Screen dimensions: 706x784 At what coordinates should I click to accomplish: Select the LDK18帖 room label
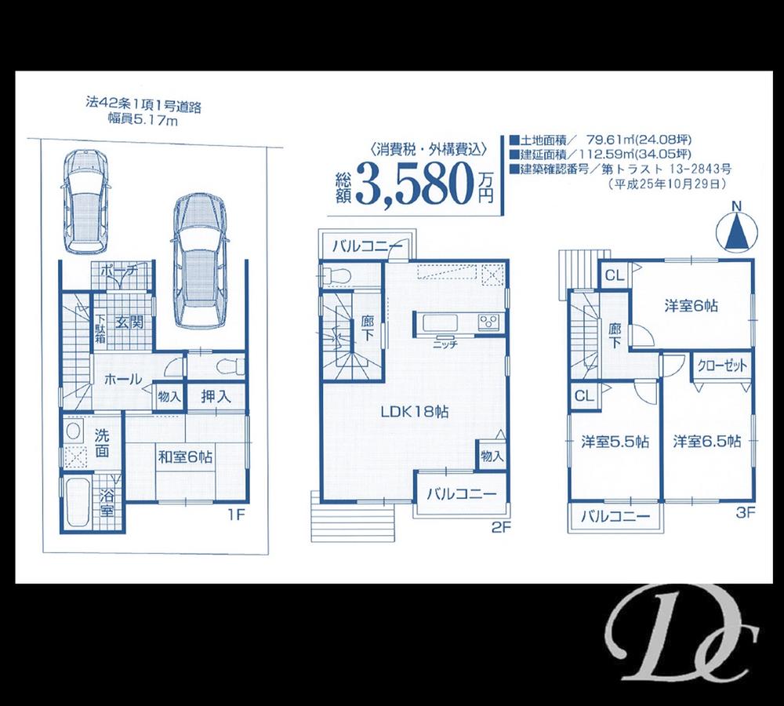click(415, 411)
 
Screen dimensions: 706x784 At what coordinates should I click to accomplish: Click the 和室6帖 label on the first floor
click(187, 456)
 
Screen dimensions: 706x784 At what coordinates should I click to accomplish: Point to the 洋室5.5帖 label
click(615, 442)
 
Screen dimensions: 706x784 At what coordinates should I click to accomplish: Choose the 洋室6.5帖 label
click(706, 442)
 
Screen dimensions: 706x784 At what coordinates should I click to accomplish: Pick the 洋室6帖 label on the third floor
click(691, 306)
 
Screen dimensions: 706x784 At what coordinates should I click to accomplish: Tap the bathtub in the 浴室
click(77, 503)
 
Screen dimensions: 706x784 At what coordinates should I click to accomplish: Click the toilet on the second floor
click(333, 275)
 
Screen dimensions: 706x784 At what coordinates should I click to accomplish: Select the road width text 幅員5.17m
click(143, 121)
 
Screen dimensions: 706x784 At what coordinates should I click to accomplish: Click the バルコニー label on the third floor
click(615, 518)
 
